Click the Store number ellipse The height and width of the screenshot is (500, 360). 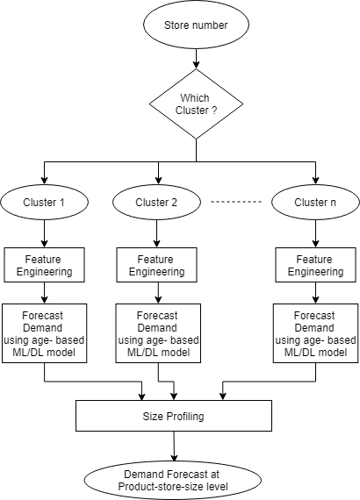pyautogui.click(x=196, y=25)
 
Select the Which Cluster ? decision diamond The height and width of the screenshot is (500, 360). pyautogui.click(x=196, y=104)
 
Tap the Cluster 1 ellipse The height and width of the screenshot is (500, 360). pyautogui.click(x=44, y=202)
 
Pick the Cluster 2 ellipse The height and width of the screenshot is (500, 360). pyautogui.click(x=156, y=202)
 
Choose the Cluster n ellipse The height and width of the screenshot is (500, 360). pyautogui.click(x=315, y=202)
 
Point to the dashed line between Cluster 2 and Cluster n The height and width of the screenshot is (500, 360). pyautogui.click(x=236, y=202)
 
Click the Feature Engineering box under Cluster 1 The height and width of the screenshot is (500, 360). pyautogui.click(x=45, y=265)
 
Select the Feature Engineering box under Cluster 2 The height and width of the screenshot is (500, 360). pyautogui.click(x=156, y=265)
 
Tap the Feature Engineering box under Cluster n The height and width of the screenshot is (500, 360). pyautogui.click(x=315, y=265)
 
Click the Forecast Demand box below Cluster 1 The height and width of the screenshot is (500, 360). pyautogui.click(x=45, y=333)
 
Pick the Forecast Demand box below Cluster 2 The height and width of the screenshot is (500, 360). pyautogui.click(x=158, y=333)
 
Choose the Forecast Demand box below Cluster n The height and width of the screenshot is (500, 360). pyautogui.click(x=315, y=333)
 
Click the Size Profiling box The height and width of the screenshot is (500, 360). pyautogui.click(x=174, y=416)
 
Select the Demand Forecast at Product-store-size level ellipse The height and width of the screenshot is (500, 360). pyautogui.click(x=173, y=480)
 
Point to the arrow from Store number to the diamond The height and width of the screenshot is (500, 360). pyautogui.click(x=196, y=59)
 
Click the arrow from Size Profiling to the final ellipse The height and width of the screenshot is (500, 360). pyautogui.click(x=174, y=446)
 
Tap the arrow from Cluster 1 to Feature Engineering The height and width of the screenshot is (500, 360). pyautogui.click(x=45, y=233)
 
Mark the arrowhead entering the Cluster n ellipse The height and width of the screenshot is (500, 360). pyautogui.click(x=315, y=181)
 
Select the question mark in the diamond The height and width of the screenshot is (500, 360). pyautogui.click(x=214, y=111)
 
